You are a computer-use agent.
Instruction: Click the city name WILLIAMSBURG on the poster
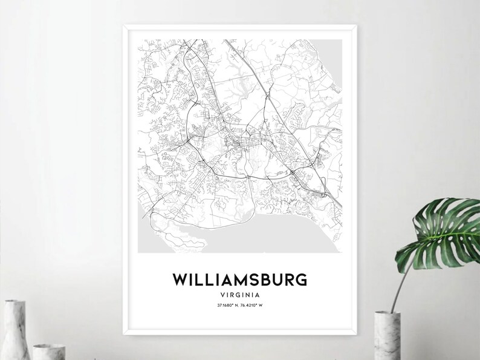[x=240, y=280]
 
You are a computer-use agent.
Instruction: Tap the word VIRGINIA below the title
[x=240, y=295]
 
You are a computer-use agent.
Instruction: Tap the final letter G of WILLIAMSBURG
[x=301, y=280]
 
